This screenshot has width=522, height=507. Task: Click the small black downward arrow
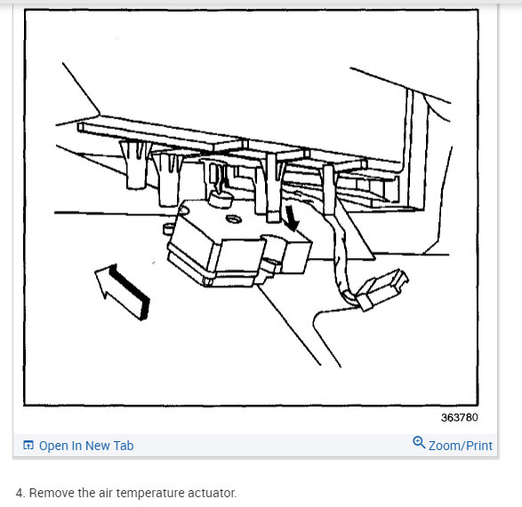pyautogui.click(x=292, y=217)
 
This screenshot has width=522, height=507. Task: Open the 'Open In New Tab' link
pyautogui.click(x=86, y=446)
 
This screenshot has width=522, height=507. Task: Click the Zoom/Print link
pyautogui.click(x=459, y=445)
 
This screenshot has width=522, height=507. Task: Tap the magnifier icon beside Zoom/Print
pyautogui.click(x=419, y=443)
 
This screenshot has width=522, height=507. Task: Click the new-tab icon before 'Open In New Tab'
pyautogui.click(x=28, y=446)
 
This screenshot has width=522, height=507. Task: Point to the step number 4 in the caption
pyautogui.click(x=20, y=492)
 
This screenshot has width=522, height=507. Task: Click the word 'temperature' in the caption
pyautogui.click(x=149, y=492)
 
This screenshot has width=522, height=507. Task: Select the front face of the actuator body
pyautogui.click(x=213, y=253)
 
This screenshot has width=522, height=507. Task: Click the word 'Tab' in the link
pyautogui.click(x=124, y=446)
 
